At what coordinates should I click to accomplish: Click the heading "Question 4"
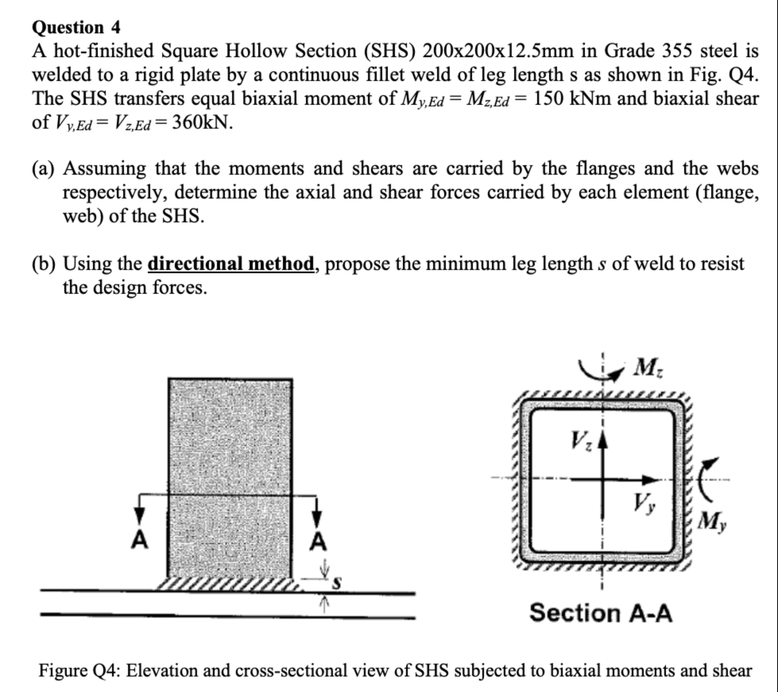pyautogui.click(x=76, y=27)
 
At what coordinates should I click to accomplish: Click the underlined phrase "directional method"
pyautogui.click(x=231, y=264)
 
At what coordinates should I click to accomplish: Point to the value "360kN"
pyautogui.click(x=201, y=122)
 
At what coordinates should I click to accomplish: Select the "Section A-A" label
pyautogui.click(x=600, y=613)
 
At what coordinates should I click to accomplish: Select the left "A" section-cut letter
pyautogui.click(x=139, y=540)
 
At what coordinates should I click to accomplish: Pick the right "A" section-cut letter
pyautogui.click(x=318, y=542)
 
